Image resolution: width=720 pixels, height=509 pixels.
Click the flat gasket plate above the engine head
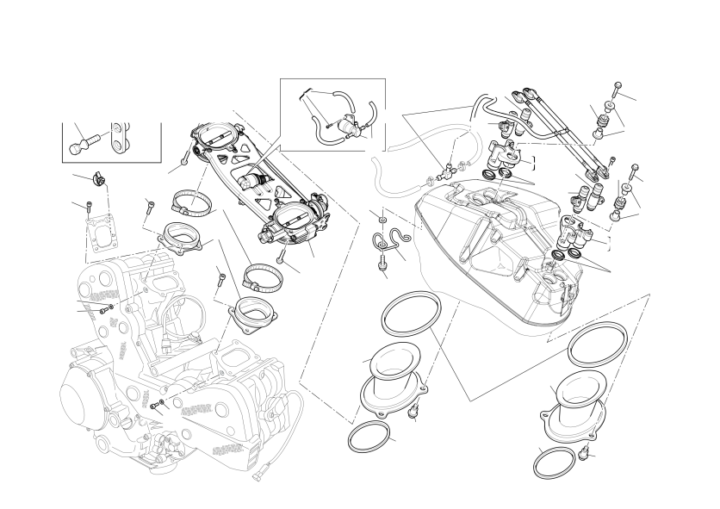pyautogui.click(x=100, y=228)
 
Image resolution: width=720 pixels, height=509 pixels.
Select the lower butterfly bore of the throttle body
pyautogui.click(x=290, y=220)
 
